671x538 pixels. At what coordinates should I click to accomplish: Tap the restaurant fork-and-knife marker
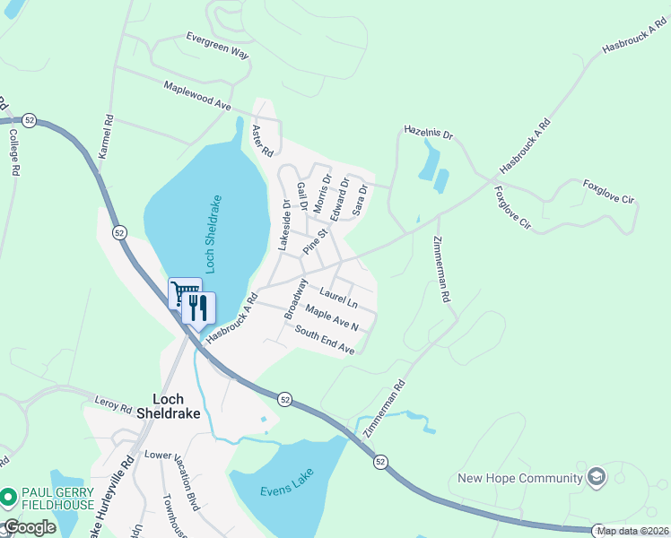[x=199, y=308]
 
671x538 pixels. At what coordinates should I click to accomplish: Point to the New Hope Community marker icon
[x=594, y=477]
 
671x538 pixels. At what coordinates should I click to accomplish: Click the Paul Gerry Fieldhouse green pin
[x=8, y=496]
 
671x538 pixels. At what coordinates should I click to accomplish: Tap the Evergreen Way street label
[x=217, y=47]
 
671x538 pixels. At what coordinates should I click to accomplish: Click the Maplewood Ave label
[x=197, y=97]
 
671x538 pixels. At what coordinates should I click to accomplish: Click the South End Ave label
[x=325, y=342]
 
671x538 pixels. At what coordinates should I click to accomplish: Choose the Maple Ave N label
[x=332, y=318]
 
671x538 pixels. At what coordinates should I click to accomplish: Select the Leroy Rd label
[x=112, y=406]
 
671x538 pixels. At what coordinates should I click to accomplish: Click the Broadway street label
[x=295, y=299]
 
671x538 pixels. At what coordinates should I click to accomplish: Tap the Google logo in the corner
[x=30, y=527]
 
